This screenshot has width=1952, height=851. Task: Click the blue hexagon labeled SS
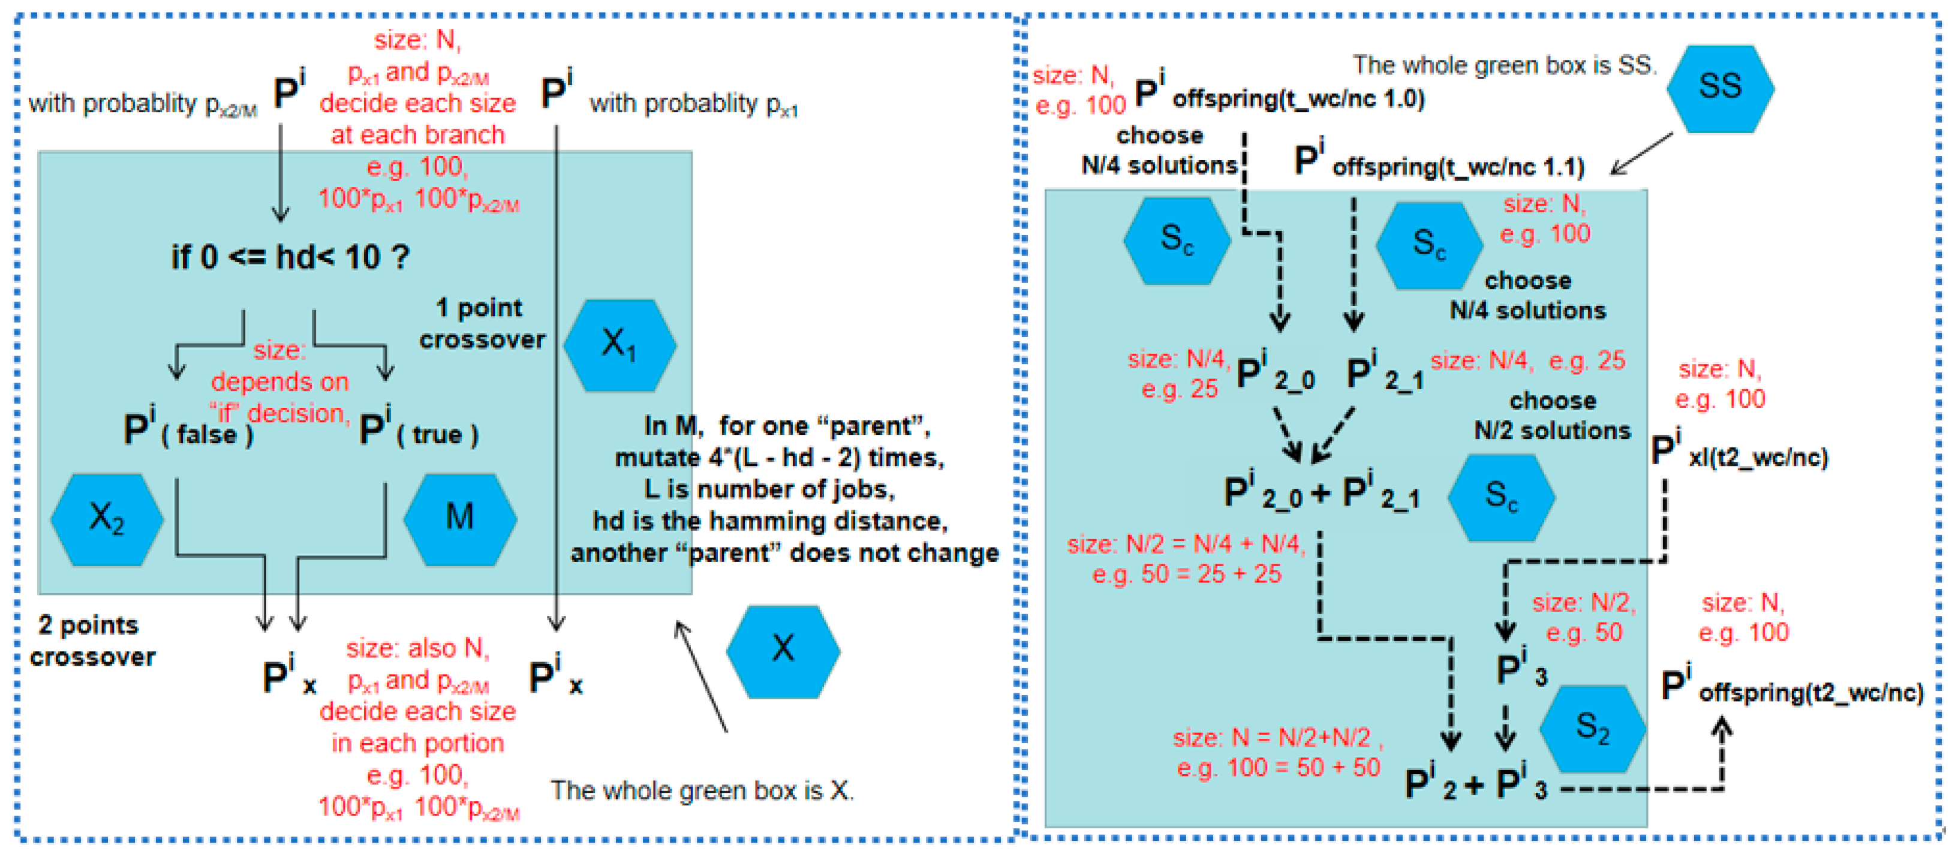pyautogui.click(x=1719, y=88)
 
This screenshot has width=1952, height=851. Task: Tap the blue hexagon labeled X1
pyautogui.click(x=619, y=345)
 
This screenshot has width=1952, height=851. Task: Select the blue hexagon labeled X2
pyautogui.click(x=107, y=519)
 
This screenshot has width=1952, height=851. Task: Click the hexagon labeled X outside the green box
pyautogui.click(x=783, y=650)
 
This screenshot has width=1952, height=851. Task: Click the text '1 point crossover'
pyautogui.click(x=482, y=324)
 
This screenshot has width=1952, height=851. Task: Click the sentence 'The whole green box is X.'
pyautogui.click(x=702, y=790)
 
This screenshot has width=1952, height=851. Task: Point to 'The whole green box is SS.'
pyautogui.click(x=1504, y=66)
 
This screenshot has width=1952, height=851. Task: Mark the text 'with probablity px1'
pyautogui.click(x=693, y=104)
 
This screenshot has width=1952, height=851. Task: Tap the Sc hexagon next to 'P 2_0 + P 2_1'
pyautogui.click(x=1501, y=497)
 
